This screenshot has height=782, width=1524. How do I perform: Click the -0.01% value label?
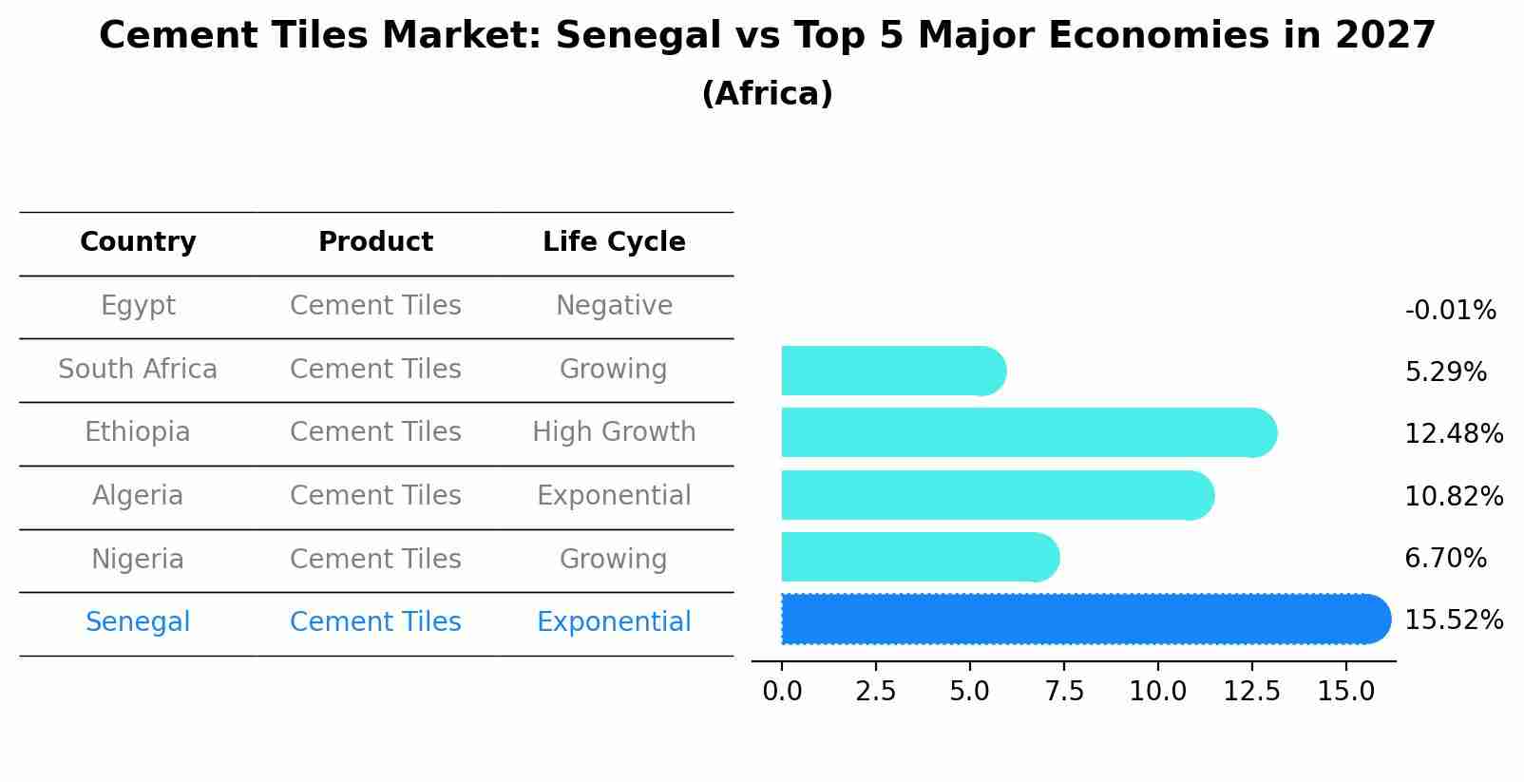point(1450,311)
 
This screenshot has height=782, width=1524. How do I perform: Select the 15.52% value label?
point(1454,620)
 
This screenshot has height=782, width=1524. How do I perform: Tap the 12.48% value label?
point(1454,434)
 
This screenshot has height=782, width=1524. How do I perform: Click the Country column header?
point(138,242)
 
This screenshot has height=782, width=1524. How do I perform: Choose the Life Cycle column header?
point(614,242)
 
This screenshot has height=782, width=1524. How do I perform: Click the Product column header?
point(375,242)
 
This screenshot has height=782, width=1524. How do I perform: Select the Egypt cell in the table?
point(138,306)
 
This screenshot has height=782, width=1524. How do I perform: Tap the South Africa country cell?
point(138,370)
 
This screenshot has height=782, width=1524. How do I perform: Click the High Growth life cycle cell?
point(614,432)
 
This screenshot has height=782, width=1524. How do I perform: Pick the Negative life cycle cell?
point(614,306)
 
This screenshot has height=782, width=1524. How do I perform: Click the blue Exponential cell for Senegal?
point(614,622)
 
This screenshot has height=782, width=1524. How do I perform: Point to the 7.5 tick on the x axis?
point(1064,692)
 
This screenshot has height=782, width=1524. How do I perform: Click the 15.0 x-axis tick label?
point(1346,692)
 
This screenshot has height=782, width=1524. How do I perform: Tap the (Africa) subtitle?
point(767,94)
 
